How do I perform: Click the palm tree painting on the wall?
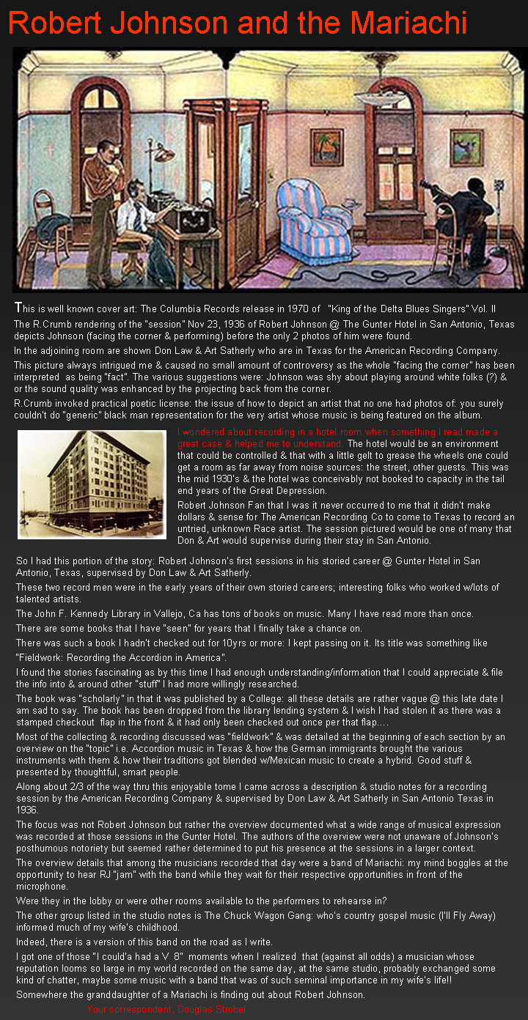(x=326, y=147)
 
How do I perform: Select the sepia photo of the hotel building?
(x=92, y=484)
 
